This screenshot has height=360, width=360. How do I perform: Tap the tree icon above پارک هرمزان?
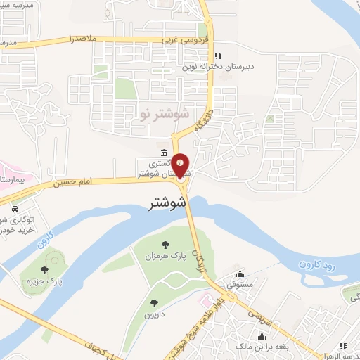(165, 245)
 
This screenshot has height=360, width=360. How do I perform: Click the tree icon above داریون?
(154, 303)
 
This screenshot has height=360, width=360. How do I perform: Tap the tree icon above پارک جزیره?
(44, 269)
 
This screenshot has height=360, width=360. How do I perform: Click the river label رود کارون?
(323, 265)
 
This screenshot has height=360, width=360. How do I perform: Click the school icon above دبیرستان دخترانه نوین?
(217, 55)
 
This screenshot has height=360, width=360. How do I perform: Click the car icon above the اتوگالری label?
(15, 210)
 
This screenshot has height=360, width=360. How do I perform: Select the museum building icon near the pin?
(163, 153)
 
